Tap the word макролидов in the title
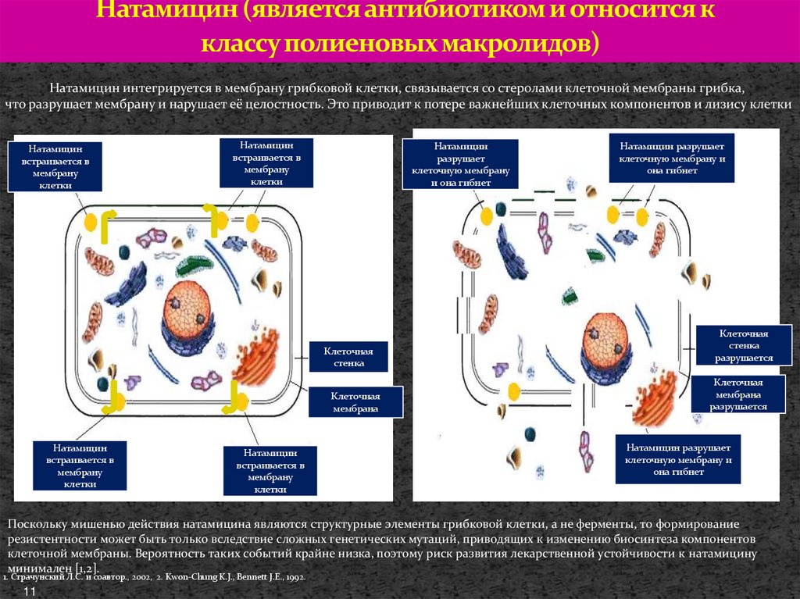point(515,44)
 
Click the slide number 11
point(31,594)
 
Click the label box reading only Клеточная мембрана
point(355,401)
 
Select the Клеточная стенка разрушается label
point(744,346)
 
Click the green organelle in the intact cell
point(190,265)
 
